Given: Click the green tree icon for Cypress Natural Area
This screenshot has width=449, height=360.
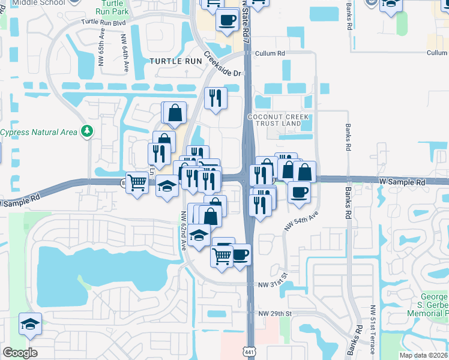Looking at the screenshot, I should point(88,130).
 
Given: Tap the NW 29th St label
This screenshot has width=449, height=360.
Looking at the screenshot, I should point(275,314).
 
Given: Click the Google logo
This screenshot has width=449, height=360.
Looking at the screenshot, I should point(20,352).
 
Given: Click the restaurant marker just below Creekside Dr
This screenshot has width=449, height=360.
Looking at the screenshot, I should point(215,98).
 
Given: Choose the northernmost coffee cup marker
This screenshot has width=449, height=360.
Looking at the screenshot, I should point(227,20).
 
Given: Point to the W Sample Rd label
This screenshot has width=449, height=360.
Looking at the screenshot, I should point(402,182).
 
